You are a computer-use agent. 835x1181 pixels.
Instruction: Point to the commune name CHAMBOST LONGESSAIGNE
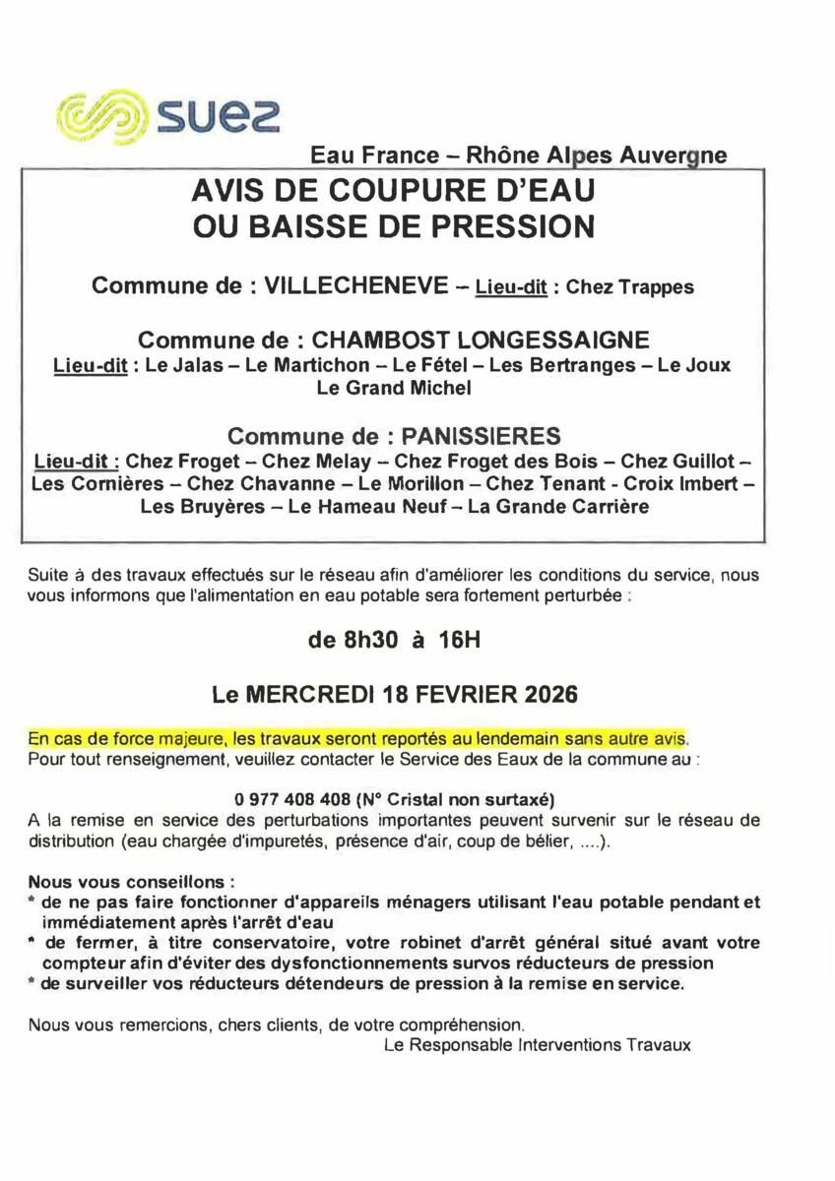click(x=481, y=341)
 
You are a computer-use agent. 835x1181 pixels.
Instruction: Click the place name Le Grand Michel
click(x=393, y=388)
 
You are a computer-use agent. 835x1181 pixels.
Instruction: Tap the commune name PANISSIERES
click(x=475, y=435)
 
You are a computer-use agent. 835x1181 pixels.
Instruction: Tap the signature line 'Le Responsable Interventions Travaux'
click(x=537, y=1046)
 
